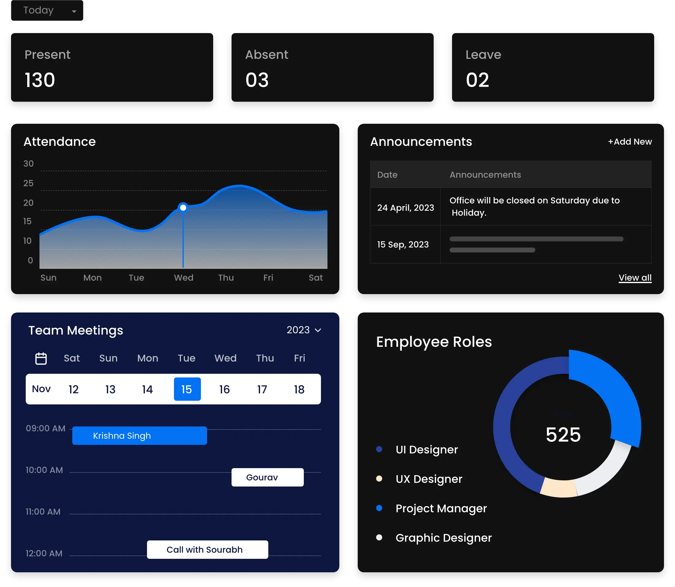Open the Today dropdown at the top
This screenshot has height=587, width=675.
[x=47, y=11]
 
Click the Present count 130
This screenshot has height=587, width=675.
[x=40, y=80]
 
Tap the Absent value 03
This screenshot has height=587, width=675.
[x=257, y=80]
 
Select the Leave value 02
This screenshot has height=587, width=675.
[x=477, y=80]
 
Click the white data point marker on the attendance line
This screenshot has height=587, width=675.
[x=183, y=208]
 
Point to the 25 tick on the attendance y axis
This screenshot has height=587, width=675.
[x=28, y=183]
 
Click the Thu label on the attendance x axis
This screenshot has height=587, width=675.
[x=226, y=278]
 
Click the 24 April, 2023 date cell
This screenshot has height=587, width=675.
[x=405, y=208]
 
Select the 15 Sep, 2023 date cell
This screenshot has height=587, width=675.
[x=403, y=244]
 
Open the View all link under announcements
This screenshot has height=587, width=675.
[x=635, y=278]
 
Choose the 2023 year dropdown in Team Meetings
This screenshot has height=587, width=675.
[x=304, y=330]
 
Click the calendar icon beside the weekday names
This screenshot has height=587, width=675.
[x=41, y=358]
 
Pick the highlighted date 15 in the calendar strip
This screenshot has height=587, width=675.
[x=187, y=389]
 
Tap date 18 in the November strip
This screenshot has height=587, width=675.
[x=299, y=389]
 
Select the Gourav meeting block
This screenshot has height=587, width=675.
[x=267, y=477]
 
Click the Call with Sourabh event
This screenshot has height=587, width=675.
[x=207, y=550]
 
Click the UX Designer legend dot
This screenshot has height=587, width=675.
[x=379, y=479]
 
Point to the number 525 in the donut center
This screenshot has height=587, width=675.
[x=563, y=435]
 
